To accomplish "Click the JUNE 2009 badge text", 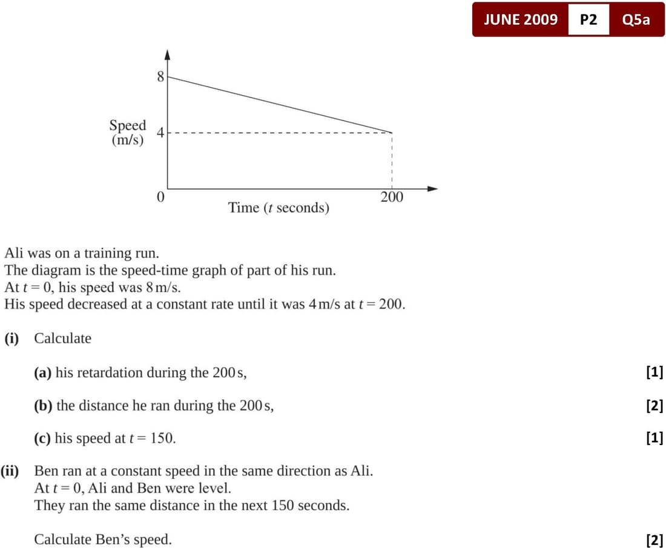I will (521, 19).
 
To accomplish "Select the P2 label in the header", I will (589, 19).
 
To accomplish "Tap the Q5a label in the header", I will (636, 19).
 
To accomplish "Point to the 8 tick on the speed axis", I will (160, 77).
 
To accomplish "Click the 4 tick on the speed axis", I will (160, 133).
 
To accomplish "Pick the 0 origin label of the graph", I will (160, 197).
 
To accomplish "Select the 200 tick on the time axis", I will (392, 197).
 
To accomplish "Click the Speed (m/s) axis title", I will (128, 132).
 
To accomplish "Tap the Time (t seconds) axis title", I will (279, 208).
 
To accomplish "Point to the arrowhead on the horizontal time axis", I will (432, 188).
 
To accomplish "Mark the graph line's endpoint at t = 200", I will (392, 132).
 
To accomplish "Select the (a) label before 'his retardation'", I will (42, 372).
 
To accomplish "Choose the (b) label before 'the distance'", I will (43, 405).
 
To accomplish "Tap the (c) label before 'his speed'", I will (42, 438).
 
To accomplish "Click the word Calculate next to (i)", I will (62, 338).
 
